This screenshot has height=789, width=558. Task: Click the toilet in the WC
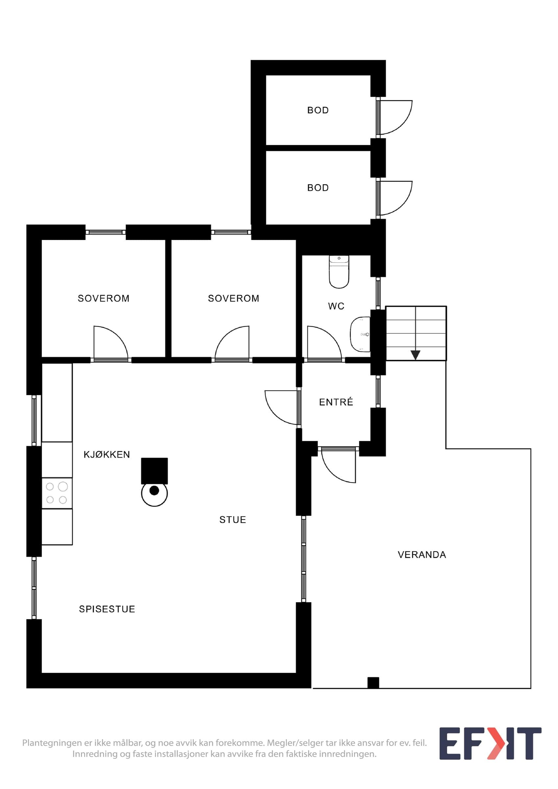point(339,272)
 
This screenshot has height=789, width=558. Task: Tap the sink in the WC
point(360,334)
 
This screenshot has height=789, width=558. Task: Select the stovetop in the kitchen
point(57,493)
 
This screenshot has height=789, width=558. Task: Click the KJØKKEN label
point(107,455)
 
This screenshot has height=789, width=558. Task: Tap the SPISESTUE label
point(107,609)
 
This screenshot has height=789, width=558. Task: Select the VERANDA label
point(422,555)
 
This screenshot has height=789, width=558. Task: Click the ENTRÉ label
point(336,402)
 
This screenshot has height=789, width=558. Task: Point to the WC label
point(336,306)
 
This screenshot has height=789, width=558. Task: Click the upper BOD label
point(318,110)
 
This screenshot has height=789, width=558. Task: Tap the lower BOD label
point(318,188)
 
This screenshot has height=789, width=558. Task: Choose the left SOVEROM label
point(104,298)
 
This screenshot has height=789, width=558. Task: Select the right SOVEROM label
point(234,298)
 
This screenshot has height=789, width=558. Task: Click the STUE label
point(233,520)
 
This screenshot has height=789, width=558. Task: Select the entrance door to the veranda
point(338,465)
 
